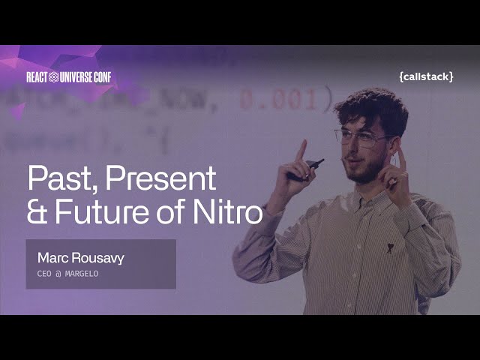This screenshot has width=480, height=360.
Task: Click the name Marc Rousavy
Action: (80, 258)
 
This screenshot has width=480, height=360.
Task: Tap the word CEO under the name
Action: (44, 274)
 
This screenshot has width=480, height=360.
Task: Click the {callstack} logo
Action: (426, 76)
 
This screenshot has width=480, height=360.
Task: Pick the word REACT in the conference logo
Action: (37, 76)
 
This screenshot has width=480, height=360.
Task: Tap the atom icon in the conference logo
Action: (53, 76)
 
